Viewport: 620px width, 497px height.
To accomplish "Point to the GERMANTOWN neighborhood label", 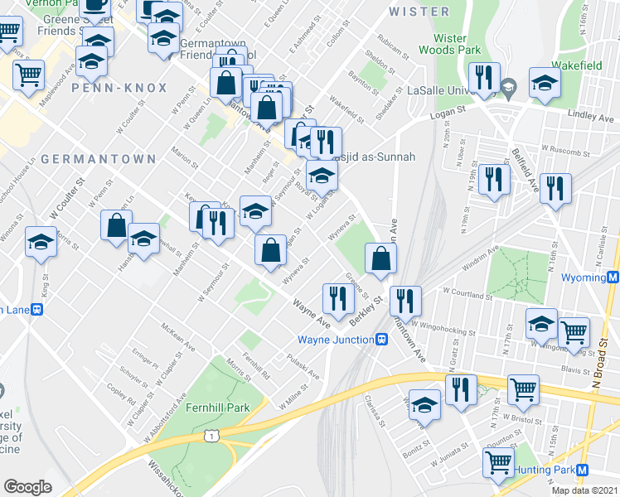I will point(98,158).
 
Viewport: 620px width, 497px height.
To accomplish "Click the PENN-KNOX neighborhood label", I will point(119,87).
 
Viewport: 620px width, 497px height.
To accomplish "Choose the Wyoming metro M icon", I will point(613,277).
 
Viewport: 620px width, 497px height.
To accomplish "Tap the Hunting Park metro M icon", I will point(583,470).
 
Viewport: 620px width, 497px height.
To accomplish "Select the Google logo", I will point(28,486).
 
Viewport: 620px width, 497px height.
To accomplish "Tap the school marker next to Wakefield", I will point(545,83).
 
